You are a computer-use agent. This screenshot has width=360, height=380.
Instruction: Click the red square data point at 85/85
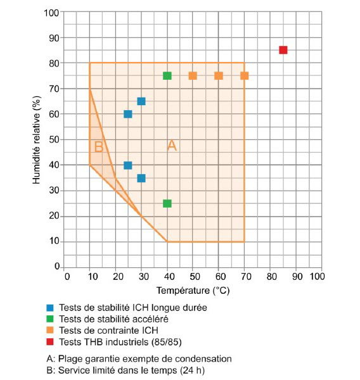pyautogui.click(x=283, y=50)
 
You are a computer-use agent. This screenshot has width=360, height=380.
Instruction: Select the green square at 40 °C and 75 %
pyautogui.click(x=167, y=76)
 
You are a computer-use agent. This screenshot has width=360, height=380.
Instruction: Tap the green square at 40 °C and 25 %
pyautogui.click(x=167, y=203)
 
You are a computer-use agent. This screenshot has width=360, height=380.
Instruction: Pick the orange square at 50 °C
pyautogui.click(x=193, y=76)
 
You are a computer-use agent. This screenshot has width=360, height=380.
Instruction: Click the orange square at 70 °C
pyautogui.click(x=245, y=76)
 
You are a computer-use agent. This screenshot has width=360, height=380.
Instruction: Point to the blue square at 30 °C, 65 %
pyautogui.click(x=141, y=101)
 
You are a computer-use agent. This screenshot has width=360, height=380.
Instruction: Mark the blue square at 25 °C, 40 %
pyautogui.click(x=128, y=165)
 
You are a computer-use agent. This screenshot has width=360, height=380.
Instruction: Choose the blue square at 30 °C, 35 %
pyautogui.click(x=141, y=179)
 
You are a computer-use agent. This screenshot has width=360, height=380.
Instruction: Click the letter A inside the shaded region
pyautogui.click(x=172, y=146)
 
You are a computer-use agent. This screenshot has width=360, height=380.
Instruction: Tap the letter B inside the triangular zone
pyautogui.click(x=98, y=146)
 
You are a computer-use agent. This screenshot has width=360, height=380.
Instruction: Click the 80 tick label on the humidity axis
pyautogui.click(x=54, y=63)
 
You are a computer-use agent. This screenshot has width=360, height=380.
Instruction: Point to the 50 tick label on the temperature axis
pyautogui.click(x=195, y=276)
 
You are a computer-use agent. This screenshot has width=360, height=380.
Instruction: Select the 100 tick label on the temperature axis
pyautogui.click(x=318, y=276)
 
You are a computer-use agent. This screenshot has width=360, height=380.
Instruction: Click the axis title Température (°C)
pyautogui.click(x=193, y=290)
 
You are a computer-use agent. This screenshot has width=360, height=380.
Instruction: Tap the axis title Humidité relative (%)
pyautogui.click(x=36, y=140)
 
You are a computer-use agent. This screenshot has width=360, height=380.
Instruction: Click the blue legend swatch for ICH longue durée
pyautogui.click(x=50, y=308)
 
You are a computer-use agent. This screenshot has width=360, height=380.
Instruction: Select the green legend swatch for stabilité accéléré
pyautogui.click(x=50, y=319)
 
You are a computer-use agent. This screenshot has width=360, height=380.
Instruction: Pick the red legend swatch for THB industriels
pyautogui.click(x=50, y=342)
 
